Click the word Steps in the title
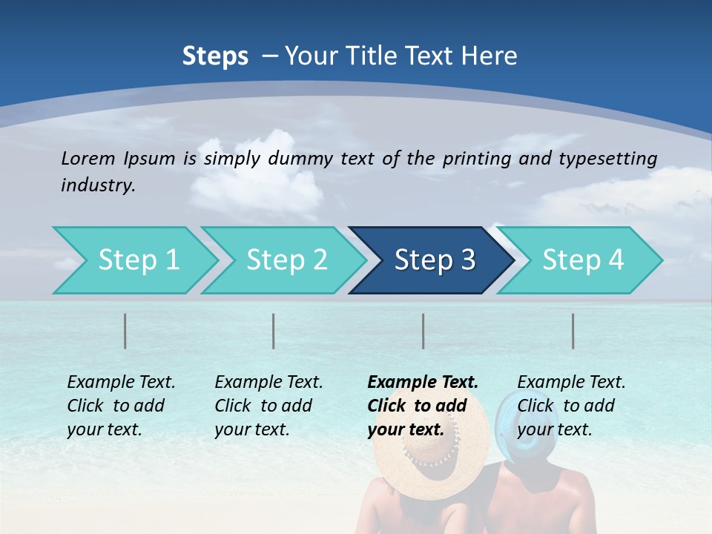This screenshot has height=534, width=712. coord(215,56)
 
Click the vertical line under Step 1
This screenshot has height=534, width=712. coord(125,331)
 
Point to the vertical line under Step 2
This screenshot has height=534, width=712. coord(274,331)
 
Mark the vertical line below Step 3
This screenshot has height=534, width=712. coord(423,331)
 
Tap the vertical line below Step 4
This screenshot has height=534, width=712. coord(573,331)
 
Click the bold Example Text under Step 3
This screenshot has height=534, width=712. coord(423,405)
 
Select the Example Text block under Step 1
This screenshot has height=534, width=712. coord(121,405)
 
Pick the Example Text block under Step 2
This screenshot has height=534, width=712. coord(268,405)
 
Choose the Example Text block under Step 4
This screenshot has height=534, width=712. coord(571,405)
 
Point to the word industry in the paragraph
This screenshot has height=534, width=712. coord(98,185)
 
